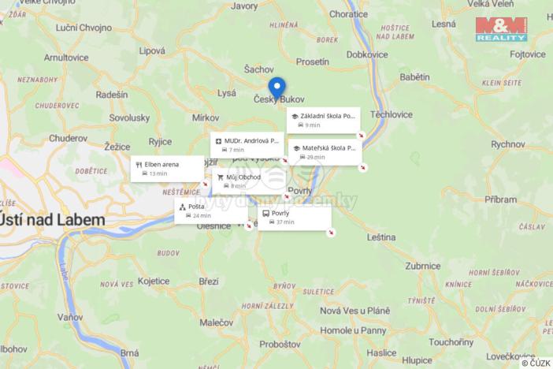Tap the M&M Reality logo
pyautogui.click(x=501, y=29)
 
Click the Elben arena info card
pyautogui.click(x=168, y=169)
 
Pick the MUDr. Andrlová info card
pyautogui.click(x=246, y=144)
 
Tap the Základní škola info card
pyautogui.click(x=323, y=120)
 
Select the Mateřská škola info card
pyautogui.click(x=325, y=151)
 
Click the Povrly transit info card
pyautogui.click(x=295, y=218)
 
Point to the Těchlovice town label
pyautogui.click(x=392, y=114)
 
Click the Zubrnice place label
pyautogui.click(x=424, y=266)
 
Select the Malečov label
pyautogui.click(x=216, y=322)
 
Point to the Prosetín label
pyautogui.click(x=313, y=61)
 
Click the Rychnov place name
pyautogui.click(x=508, y=144)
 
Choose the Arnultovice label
pyautogui.click(x=66, y=58)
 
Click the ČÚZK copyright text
pyautogui.click(x=536, y=363)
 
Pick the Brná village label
pyautogui.click(x=130, y=353)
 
